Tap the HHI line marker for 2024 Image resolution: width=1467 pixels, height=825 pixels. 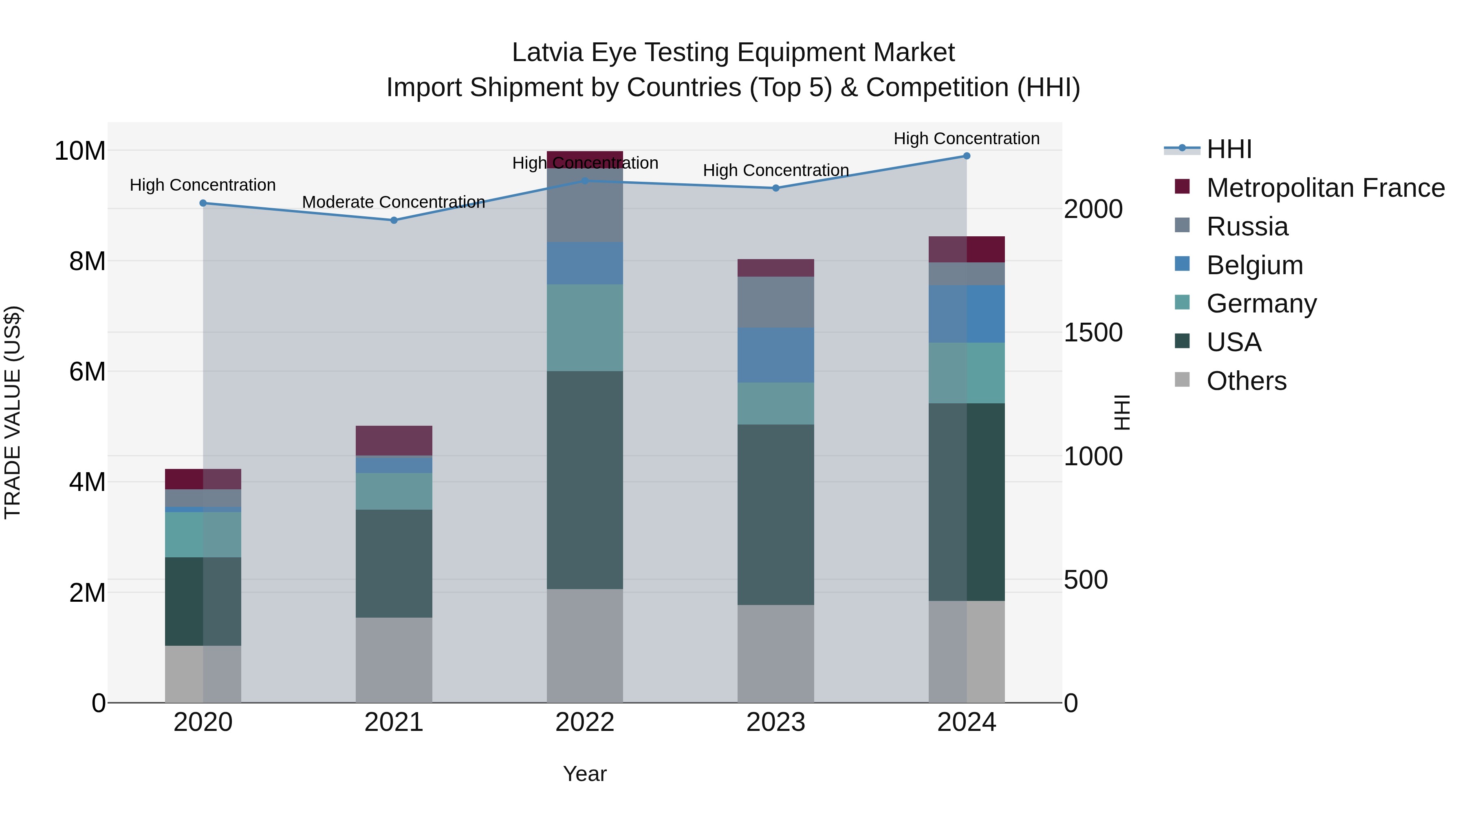(x=967, y=156)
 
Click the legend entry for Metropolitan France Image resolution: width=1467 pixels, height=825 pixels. (x=1325, y=188)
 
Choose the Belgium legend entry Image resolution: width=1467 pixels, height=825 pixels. (x=1254, y=265)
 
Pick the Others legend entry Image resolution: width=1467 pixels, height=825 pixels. (x=1246, y=381)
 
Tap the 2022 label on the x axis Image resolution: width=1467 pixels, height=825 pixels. (x=584, y=722)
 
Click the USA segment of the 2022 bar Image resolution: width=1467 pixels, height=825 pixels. (x=584, y=480)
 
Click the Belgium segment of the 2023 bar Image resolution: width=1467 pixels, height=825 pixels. (x=775, y=355)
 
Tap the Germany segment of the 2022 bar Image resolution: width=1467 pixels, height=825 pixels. (x=584, y=328)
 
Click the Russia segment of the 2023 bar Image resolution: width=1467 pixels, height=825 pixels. (x=775, y=302)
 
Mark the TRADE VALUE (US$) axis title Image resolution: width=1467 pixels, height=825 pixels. (x=13, y=412)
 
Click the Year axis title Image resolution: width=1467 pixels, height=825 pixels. (x=584, y=774)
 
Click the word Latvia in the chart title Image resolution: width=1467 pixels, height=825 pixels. (x=547, y=53)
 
